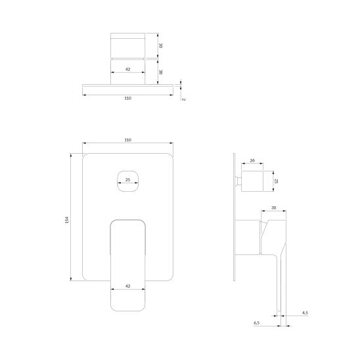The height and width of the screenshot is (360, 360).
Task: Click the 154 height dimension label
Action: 67,219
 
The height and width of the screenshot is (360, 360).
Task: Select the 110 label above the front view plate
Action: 128,140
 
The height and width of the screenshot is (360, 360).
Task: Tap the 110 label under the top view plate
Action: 128,99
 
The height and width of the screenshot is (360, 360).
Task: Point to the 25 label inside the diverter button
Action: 128,179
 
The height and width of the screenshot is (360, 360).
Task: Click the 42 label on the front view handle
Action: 128,286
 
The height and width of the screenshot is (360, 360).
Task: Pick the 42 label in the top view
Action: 128,69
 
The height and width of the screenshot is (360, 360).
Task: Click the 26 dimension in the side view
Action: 252,160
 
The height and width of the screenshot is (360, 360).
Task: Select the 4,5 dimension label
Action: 305,313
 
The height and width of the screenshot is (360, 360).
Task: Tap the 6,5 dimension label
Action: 256,323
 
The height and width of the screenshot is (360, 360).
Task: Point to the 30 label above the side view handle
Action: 274,208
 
